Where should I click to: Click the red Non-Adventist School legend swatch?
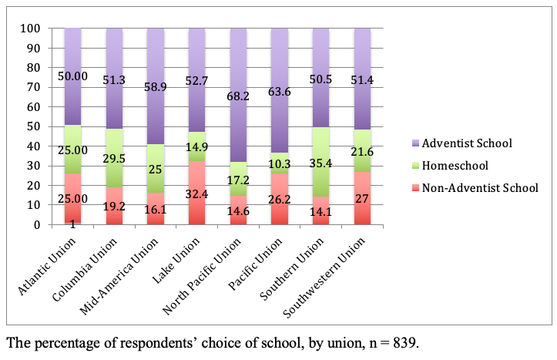click(x=417, y=186)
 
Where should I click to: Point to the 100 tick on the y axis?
click(x=30, y=29)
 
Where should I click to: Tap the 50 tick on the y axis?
click(x=33, y=126)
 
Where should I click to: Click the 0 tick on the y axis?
click(x=36, y=225)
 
